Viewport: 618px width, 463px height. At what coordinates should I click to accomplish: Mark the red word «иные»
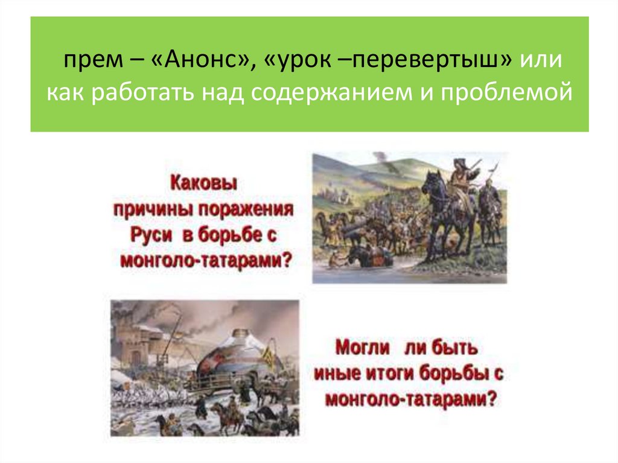click(x=338, y=374)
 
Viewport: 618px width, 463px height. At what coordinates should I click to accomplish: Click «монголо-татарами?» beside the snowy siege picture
click(x=410, y=400)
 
